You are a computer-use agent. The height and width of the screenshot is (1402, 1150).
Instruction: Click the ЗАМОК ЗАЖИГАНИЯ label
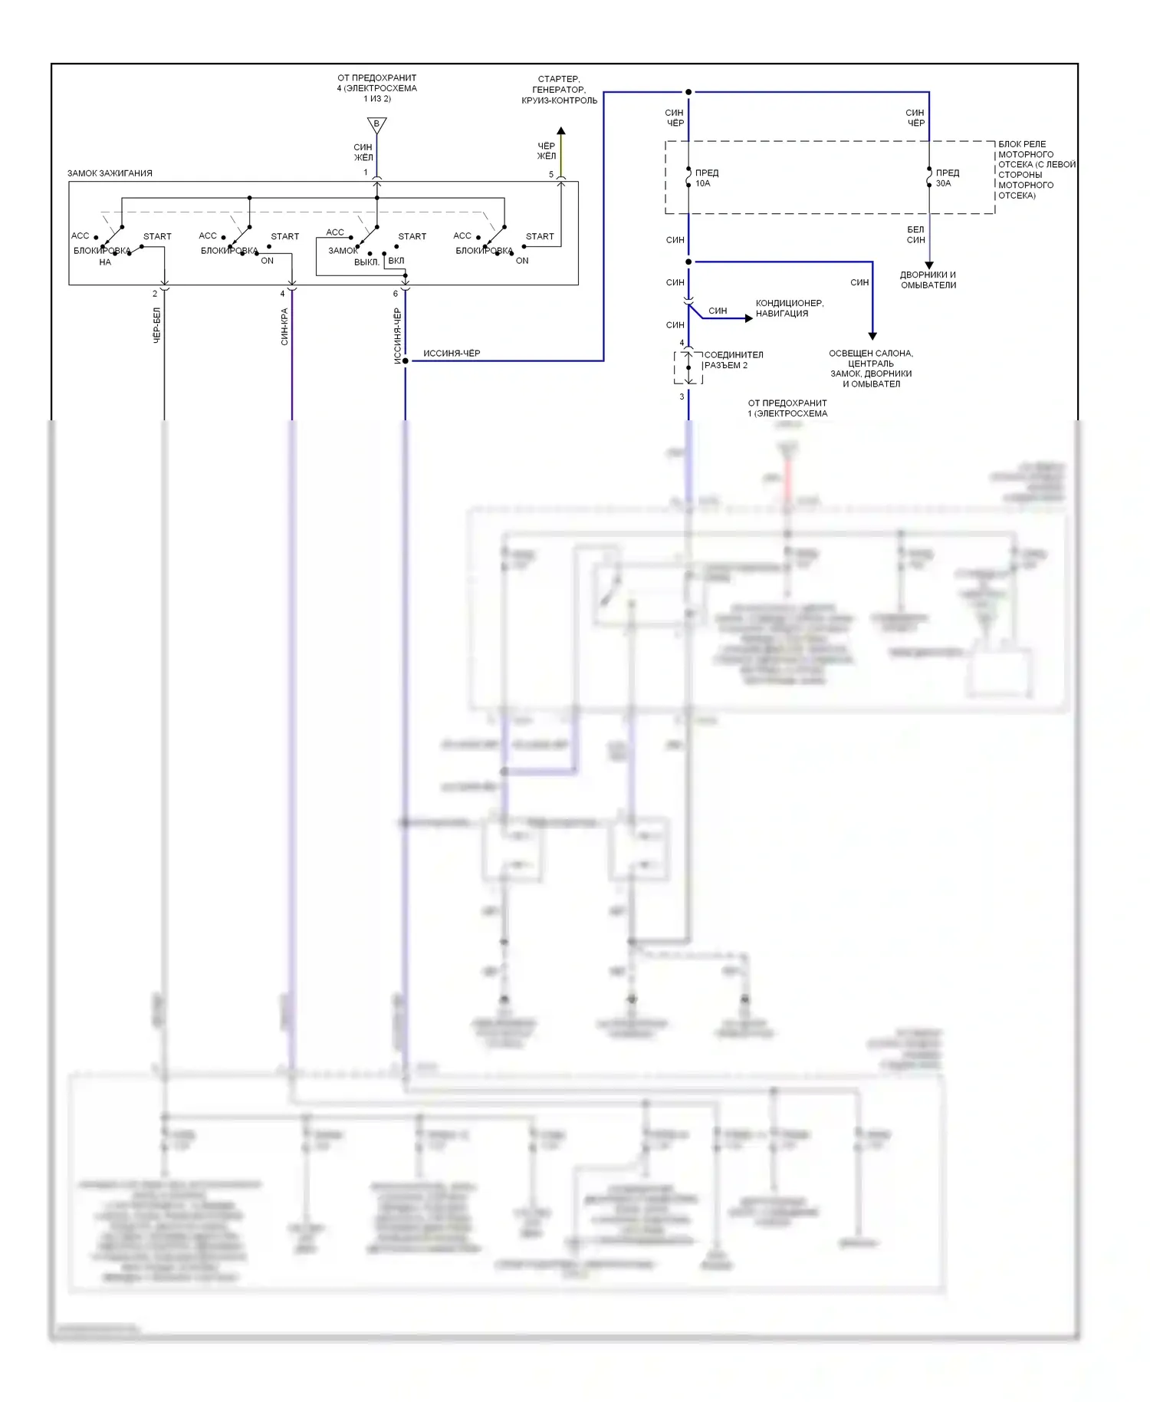(x=110, y=173)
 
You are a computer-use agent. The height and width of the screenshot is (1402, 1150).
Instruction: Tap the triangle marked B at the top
(x=376, y=124)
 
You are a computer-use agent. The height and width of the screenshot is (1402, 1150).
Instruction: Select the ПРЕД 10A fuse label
(x=706, y=178)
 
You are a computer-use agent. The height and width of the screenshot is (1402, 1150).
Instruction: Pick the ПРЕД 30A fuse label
(x=947, y=178)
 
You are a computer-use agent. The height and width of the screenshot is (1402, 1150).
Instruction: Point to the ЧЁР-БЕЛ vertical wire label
(x=157, y=325)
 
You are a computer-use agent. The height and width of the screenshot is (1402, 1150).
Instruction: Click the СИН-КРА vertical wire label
(x=284, y=327)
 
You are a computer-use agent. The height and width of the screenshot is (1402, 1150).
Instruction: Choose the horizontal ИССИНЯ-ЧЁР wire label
(x=452, y=354)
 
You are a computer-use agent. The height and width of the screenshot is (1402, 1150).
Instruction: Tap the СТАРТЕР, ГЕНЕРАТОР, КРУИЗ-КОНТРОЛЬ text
(x=559, y=90)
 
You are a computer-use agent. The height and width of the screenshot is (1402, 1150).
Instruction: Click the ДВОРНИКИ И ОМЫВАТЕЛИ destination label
(x=928, y=280)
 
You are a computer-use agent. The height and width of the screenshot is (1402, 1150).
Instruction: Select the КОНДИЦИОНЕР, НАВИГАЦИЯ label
(x=789, y=308)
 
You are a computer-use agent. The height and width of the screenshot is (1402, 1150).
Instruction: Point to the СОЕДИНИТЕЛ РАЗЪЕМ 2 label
(x=733, y=360)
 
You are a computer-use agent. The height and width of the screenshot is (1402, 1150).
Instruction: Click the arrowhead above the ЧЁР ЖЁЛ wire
(x=561, y=131)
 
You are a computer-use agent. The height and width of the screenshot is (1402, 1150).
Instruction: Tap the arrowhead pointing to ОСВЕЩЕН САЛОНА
(x=872, y=336)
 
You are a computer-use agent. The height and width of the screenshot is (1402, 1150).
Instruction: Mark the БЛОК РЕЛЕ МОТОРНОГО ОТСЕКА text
(x=1036, y=169)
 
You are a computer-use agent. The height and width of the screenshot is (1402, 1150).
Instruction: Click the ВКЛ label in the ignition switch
(x=396, y=261)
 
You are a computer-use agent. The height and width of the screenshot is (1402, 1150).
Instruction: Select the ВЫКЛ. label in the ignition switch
(x=366, y=262)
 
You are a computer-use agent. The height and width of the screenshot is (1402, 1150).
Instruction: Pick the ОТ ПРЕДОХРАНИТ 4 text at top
(x=376, y=88)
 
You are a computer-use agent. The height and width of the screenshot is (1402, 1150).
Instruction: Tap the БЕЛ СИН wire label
(x=915, y=235)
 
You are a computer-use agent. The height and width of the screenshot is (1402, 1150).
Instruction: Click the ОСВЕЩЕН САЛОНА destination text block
(x=871, y=369)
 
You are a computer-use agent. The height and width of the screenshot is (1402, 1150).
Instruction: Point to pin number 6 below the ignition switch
(x=396, y=294)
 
